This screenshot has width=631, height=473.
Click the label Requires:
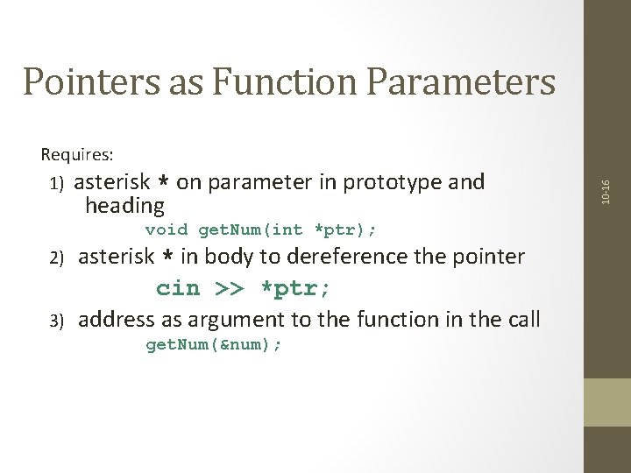click(77, 155)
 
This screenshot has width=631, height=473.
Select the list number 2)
click(57, 258)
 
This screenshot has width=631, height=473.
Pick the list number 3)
click(57, 321)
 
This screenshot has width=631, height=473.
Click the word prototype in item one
click(393, 182)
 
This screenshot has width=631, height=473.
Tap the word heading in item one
click(124, 207)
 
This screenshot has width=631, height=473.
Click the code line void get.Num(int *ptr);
click(260, 230)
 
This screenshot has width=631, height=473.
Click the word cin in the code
click(178, 288)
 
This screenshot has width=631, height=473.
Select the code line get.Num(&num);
click(214, 345)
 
